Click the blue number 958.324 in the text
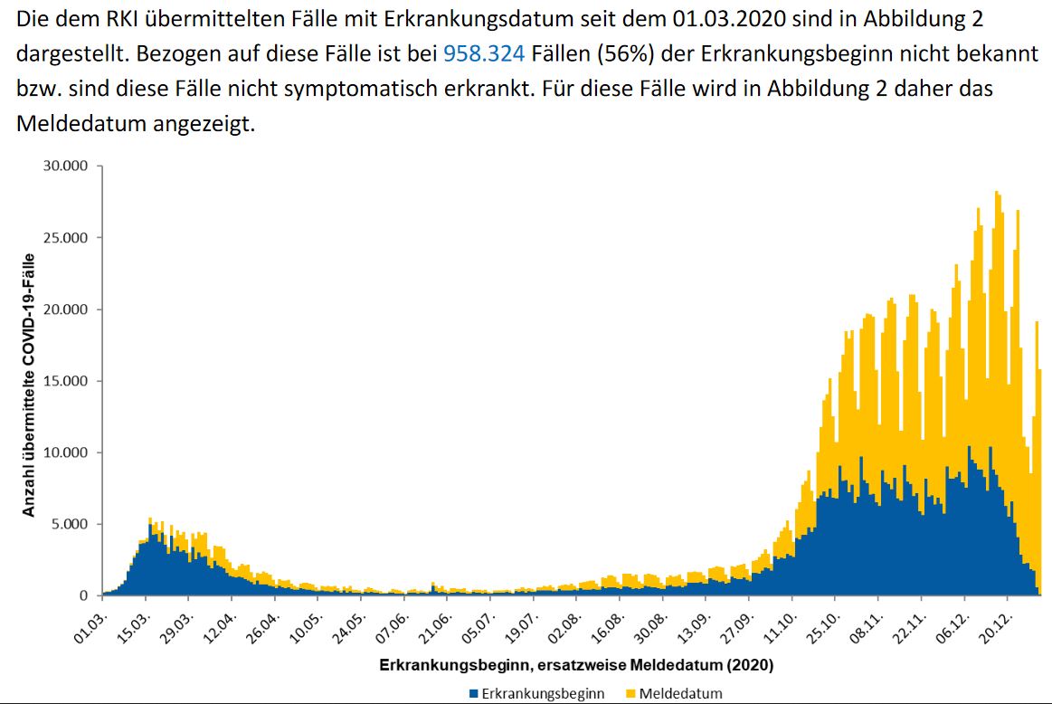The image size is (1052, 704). [x=483, y=54]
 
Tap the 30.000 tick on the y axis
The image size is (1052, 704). [x=66, y=166]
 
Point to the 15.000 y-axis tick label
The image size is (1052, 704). [x=66, y=381]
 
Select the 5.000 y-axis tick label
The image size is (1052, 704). [x=70, y=524]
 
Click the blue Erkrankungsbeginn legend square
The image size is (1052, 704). [x=472, y=694]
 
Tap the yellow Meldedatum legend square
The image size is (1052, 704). [x=630, y=694]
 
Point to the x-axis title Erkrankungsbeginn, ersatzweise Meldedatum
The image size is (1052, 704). [x=576, y=665]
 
